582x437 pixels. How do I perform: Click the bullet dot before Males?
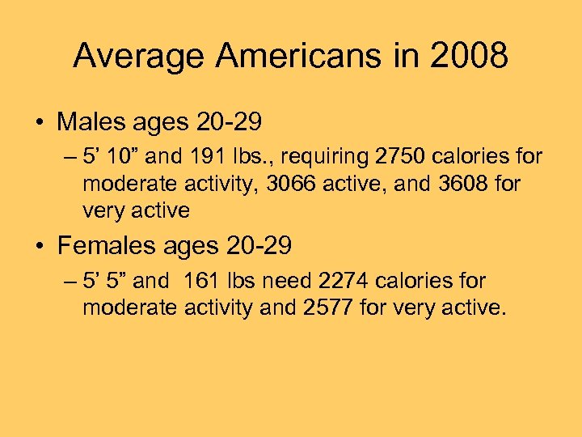pyautogui.click(x=40, y=123)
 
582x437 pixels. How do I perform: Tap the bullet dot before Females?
pyautogui.click(x=40, y=245)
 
